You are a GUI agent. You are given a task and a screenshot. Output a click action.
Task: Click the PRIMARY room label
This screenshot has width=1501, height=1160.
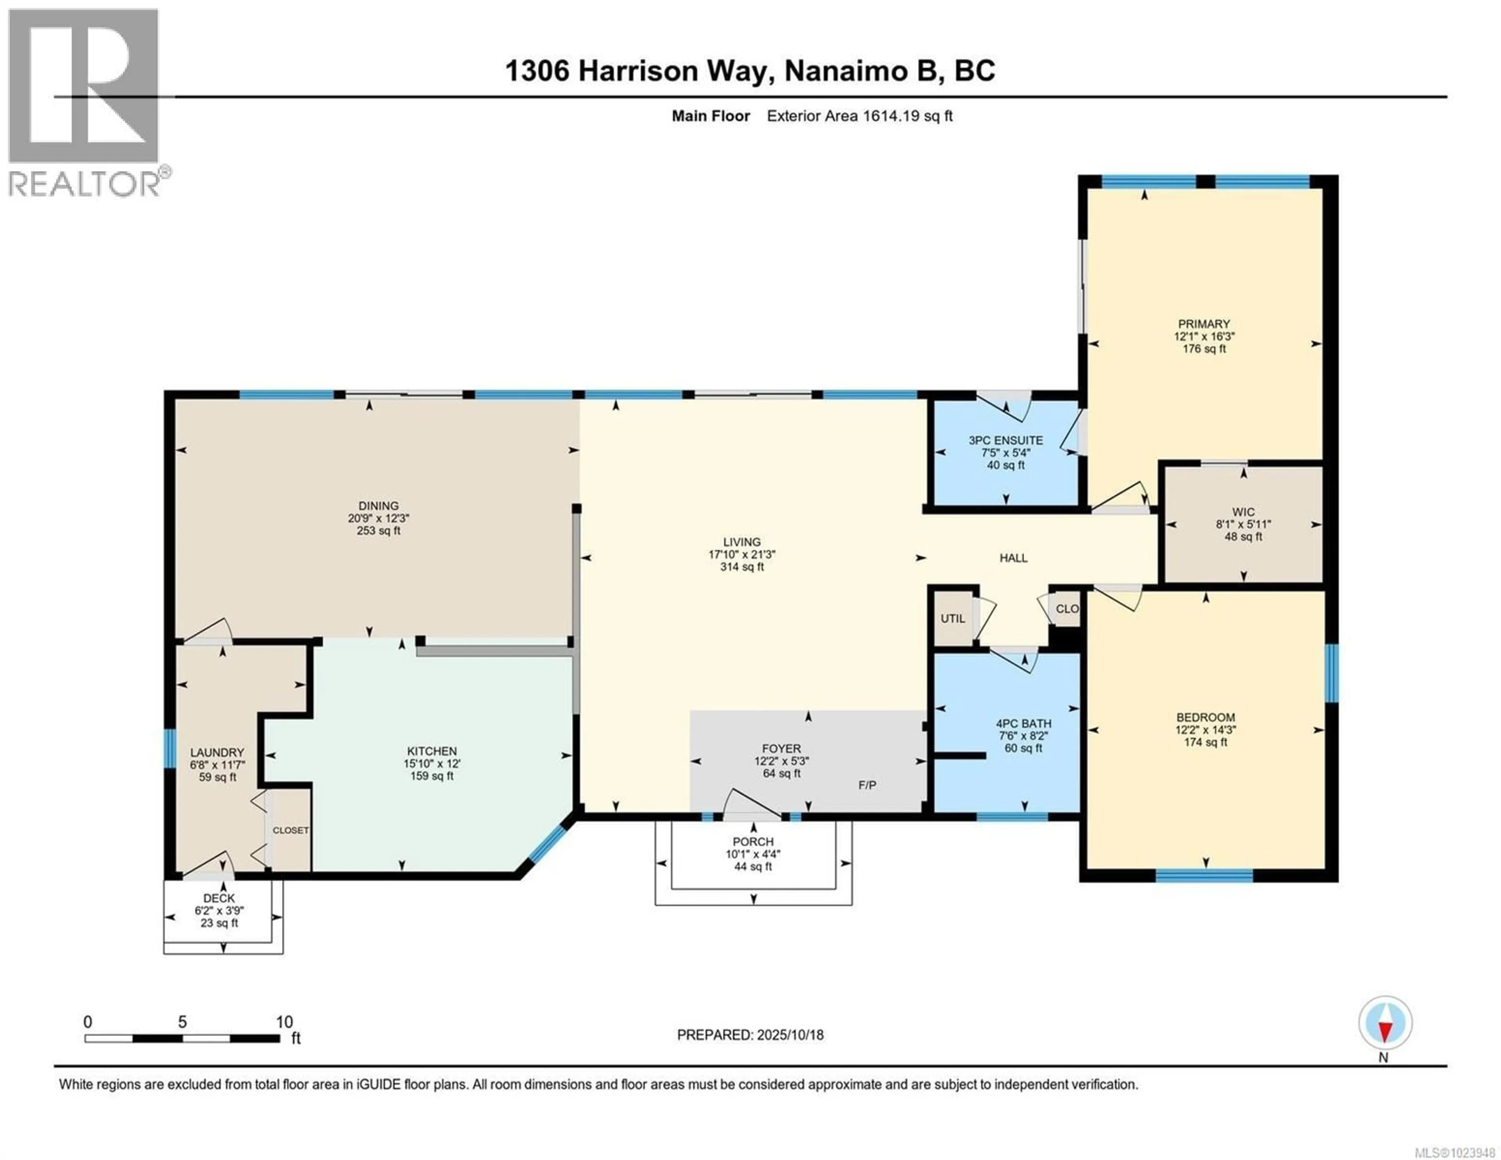click(x=1204, y=324)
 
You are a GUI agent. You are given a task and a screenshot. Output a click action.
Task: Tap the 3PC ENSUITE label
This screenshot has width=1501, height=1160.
click(x=1005, y=440)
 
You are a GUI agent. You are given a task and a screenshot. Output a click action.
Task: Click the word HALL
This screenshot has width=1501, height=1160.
click(x=1013, y=558)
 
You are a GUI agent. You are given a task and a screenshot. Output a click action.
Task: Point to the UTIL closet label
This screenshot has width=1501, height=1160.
click(x=953, y=618)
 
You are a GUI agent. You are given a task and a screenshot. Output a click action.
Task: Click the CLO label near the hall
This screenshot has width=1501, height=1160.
click(x=1067, y=608)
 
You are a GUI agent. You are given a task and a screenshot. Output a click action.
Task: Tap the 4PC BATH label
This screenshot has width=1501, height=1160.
click(x=1023, y=723)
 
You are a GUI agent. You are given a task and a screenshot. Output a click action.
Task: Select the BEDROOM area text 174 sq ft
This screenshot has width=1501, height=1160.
click(x=1205, y=742)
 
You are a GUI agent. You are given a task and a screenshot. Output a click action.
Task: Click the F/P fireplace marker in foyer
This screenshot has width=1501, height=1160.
click(x=867, y=785)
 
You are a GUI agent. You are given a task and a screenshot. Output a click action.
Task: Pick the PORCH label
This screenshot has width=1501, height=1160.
click(x=752, y=842)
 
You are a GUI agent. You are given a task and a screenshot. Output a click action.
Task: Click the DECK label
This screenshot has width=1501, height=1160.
click(x=219, y=898)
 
